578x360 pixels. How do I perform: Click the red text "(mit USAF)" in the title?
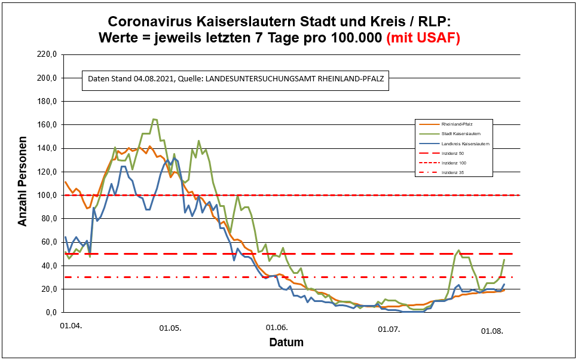point(423,38)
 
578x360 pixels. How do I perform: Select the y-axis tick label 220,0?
point(46,54)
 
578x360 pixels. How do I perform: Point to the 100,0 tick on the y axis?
point(46,196)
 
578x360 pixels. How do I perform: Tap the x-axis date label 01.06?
point(277,328)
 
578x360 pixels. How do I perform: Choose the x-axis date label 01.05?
point(170,328)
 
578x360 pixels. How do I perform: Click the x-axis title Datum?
point(286,343)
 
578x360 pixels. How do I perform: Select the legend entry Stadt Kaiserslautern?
point(461,133)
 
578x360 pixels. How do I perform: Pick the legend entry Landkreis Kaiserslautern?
point(466,144)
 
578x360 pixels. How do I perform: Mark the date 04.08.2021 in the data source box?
point(154,79)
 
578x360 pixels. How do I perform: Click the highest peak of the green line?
point(154,119)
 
